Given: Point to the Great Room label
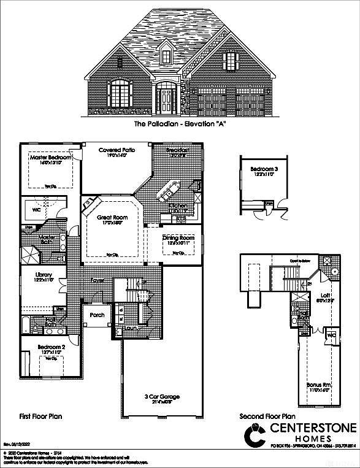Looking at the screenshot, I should click(112, 217).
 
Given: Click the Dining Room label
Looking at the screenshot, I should click(178, 238).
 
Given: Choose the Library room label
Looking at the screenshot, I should click(44, 275).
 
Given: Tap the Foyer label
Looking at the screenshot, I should click(98, 280).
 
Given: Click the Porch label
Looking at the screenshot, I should click(97, 315).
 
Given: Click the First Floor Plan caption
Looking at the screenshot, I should click(40, 416).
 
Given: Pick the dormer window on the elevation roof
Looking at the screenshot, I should click(166, 57).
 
